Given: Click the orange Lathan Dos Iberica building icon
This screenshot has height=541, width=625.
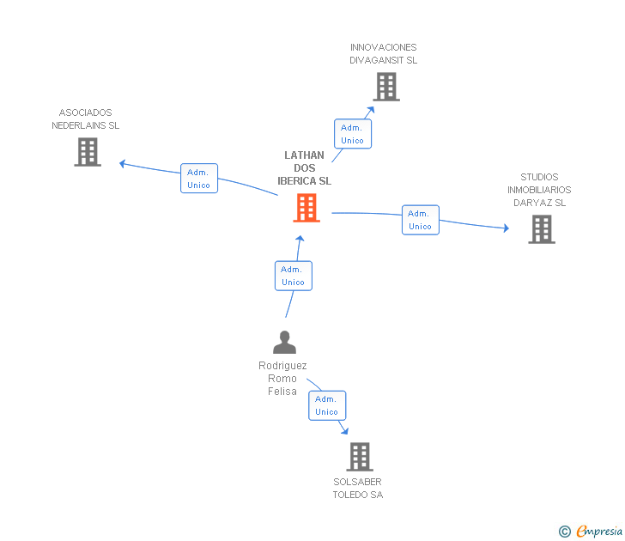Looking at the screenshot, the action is (x=306, y=208).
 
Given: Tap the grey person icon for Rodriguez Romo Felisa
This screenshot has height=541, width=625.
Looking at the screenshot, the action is (x=284, y=342).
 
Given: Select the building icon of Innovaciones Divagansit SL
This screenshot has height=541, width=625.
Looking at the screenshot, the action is (x=385, y=87).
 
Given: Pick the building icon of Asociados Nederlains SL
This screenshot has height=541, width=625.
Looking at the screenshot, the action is (x=88, y=152).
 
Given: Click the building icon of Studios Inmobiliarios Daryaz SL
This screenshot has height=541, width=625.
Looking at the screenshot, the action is (x=541, y=229).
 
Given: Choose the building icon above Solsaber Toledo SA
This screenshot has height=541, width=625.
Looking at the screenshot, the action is (x=360, y=457).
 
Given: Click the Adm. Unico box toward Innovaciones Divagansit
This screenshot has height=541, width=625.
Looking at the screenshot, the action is (x=352, y=134).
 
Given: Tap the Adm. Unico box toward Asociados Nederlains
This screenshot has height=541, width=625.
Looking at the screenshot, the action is (x=198, y=179).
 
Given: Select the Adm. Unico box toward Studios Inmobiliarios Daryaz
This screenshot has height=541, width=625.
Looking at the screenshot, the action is (x=420, y=220).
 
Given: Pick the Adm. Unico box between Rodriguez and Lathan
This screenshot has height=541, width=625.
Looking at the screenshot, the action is (x=293, y=276).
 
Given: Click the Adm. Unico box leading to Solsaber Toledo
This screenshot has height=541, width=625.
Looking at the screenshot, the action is (x=326, y=405).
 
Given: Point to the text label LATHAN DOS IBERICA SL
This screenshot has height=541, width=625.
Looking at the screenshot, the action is (x=304, y=168).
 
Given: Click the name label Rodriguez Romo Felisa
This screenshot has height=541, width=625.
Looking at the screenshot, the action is (x=282, y=379).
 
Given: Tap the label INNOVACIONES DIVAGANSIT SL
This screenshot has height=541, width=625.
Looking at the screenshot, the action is (x=383, y=54).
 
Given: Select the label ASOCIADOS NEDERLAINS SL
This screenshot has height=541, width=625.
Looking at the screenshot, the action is (x=85, y=119).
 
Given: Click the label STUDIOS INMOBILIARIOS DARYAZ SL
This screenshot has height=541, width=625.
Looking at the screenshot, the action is (x=539, y=190).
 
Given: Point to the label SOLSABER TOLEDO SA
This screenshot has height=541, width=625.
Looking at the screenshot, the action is (x=357, y=489).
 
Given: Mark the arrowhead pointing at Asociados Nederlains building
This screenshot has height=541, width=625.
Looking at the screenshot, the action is (x=123, y=162).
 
